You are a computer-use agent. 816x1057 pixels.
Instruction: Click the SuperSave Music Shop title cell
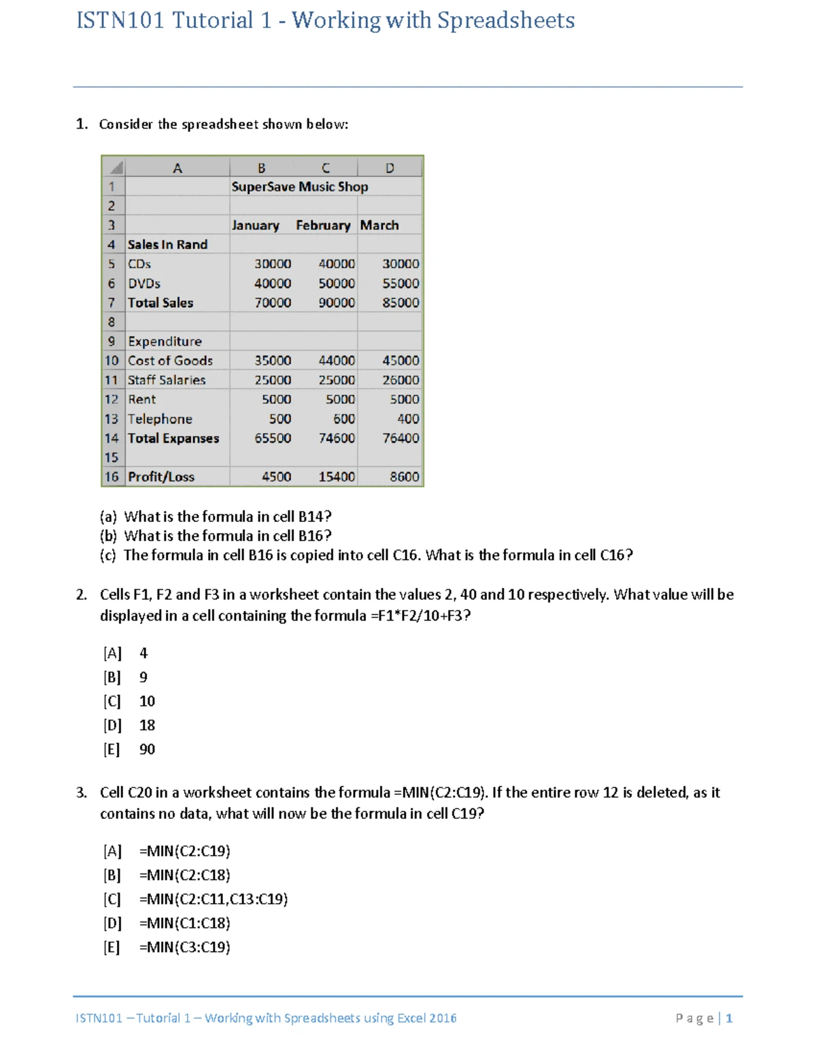[x=299, y=186]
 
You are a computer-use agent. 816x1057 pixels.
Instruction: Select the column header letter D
[x=390, y=168]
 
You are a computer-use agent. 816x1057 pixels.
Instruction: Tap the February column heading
[x=323, y=225]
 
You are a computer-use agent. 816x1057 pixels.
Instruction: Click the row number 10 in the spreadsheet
[x=112, y=361]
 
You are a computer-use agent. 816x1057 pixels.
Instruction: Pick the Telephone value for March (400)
[x=408, y=419]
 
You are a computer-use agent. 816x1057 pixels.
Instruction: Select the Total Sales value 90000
[x=337, y=303]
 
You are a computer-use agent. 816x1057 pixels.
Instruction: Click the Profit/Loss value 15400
[x=337, y=477]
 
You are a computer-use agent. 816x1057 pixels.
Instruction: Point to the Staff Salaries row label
[x=167, y=380]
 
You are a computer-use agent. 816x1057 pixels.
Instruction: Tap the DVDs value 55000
[x=401, y=284]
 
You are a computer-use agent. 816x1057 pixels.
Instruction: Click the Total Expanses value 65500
[x=273, y=438]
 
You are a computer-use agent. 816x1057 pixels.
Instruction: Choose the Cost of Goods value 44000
[x=337, y=361]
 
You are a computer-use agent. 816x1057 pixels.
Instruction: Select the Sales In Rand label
[x=167, y=245]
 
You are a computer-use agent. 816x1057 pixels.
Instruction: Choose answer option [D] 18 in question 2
[x=129, y=726]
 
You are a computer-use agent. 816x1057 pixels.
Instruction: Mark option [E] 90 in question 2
[x=129, y=749]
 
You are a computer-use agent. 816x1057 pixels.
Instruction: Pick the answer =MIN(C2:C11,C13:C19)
[x=213, y=899]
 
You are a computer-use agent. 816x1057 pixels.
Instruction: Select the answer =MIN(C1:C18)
[x=184, y=924]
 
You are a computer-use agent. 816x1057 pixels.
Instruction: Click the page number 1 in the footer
[x=729, y=1018]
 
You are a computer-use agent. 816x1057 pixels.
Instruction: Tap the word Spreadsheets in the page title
[x=505, y=20]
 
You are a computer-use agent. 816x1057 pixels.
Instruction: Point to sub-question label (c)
[x=108, y=555]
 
